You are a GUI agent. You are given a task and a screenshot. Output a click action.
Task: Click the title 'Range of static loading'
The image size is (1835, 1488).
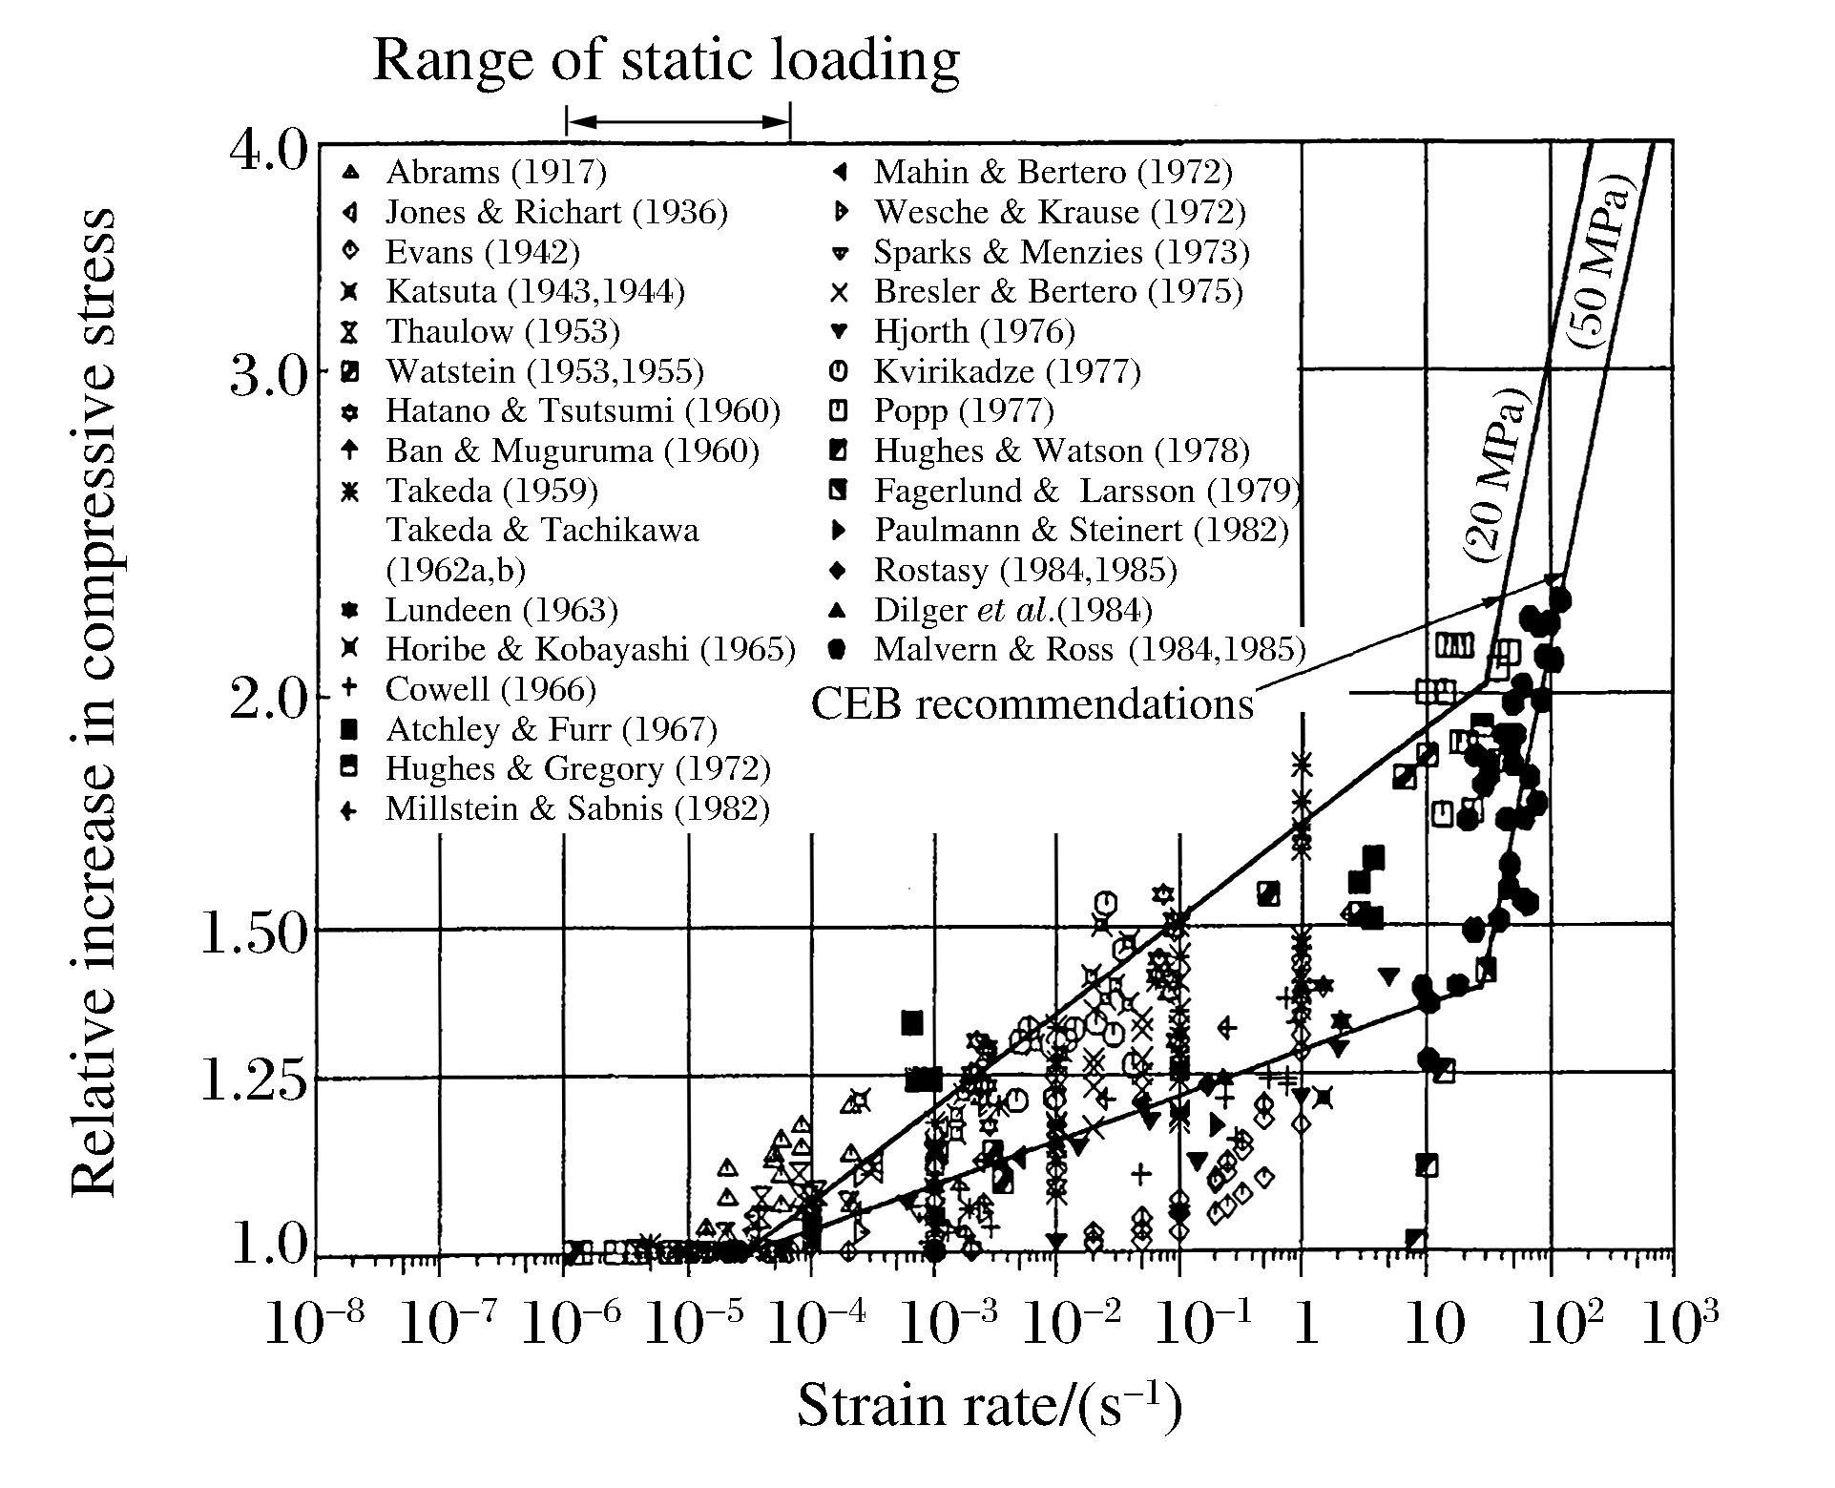coord(666,60)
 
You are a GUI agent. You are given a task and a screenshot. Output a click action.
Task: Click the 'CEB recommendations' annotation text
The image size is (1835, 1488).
coord(1032,704)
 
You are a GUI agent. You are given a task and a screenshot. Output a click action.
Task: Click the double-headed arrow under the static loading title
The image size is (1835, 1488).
coord(678,121)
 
